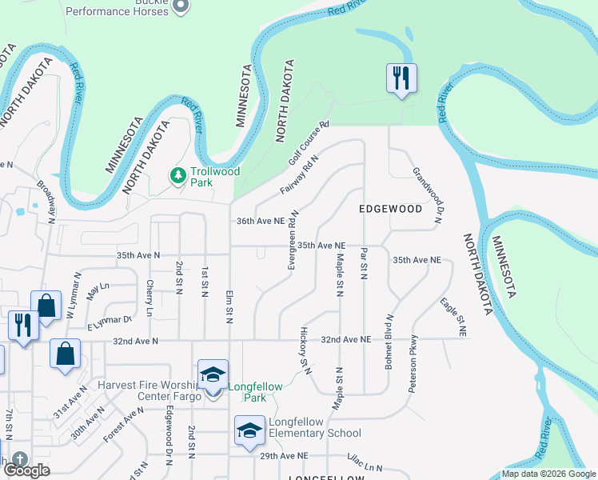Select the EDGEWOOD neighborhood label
390,209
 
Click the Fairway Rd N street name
299,175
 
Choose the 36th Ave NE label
261,221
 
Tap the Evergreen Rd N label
294,240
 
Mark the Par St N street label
363,263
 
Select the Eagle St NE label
452,315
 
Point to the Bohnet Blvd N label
390,331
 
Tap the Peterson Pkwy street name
413,363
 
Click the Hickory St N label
305,348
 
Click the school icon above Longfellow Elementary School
250,430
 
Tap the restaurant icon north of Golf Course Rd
399,78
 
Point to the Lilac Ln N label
365,463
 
